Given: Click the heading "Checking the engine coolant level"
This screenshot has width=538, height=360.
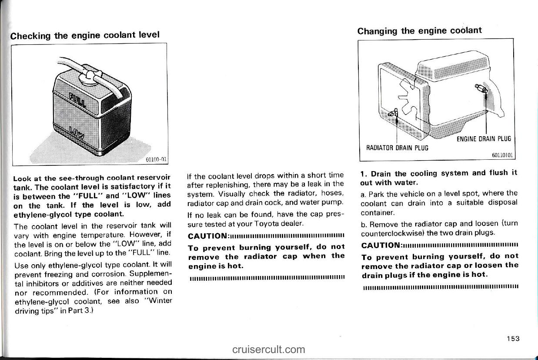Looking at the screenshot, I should click(x=85, y=35).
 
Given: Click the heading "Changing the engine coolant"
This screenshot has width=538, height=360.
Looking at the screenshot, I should click(x=419, y=31).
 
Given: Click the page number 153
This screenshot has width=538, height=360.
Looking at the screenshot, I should click(x=512, y=339).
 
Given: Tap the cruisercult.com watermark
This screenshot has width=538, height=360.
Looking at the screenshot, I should click(x=268, y=349).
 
